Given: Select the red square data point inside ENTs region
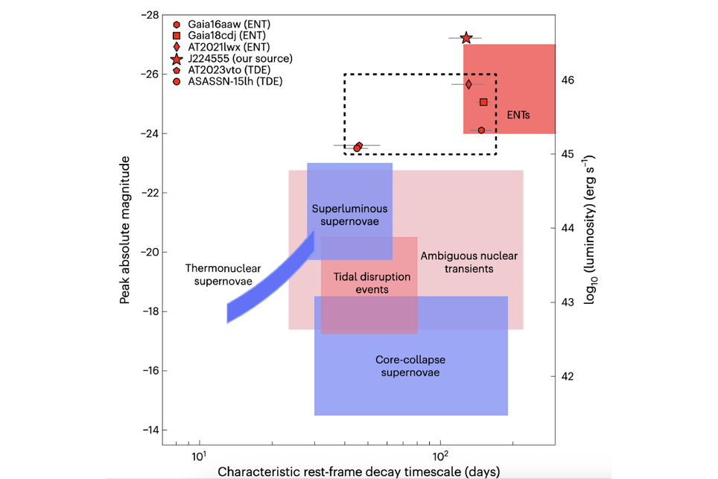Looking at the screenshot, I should click(483, 102).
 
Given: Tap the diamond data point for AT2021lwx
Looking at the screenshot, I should click(468, 84).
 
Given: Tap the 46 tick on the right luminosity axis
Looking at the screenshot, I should click(568, 80).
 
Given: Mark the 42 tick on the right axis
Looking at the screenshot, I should click(568, 376).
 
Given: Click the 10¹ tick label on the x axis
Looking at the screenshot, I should click(199, 456).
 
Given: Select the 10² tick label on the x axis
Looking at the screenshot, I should click(441, 456).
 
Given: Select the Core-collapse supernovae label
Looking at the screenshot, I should click(410, 365).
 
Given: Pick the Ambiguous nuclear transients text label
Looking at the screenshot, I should click(468, 261).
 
